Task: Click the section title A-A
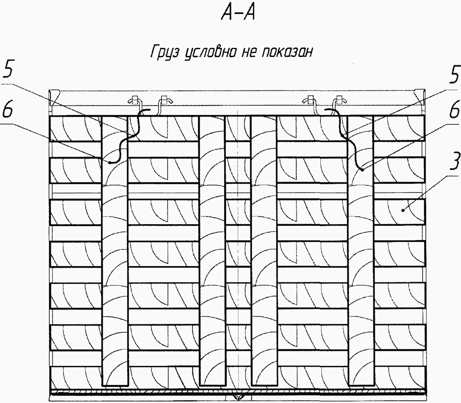point(238,13)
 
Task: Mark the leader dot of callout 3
point(403,210)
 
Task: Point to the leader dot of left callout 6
point(110,162)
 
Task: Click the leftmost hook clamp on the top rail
point(134,100)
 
